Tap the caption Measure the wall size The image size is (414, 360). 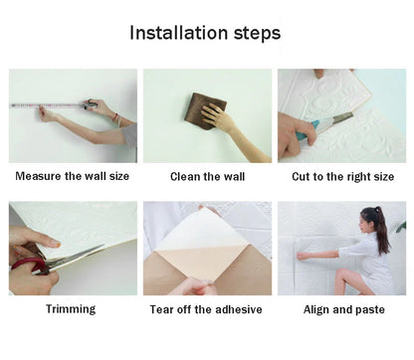(73, 176)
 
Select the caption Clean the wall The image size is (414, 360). (207, 176)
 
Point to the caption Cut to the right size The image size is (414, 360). (341, 176)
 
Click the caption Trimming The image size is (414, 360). (71, 309)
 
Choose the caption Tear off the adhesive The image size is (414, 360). (207, 309)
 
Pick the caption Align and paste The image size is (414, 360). (341, 309)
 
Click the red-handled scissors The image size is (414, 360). (40, 264)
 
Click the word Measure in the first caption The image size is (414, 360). (39, 176)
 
